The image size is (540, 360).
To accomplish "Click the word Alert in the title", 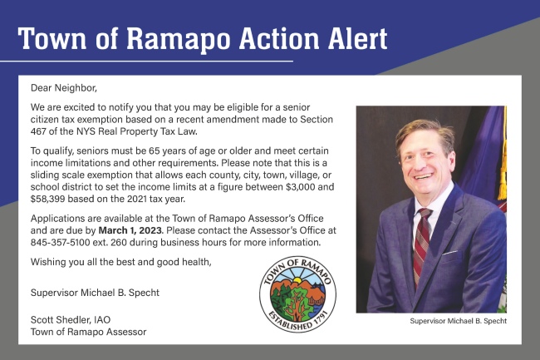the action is [357, 38].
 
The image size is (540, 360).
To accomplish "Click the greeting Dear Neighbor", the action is [64, 88].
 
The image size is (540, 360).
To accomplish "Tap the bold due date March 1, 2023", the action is [130, 230].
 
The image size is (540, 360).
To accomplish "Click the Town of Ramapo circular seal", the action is [298, 294].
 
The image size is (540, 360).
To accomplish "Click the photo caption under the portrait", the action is [458, 321].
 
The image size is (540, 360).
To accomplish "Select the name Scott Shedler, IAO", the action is [71, 320].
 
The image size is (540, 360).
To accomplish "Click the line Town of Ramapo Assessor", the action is [89, 332].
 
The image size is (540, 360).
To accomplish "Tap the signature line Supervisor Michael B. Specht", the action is [95, 293].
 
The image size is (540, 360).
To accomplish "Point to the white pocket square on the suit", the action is [450, 253].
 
